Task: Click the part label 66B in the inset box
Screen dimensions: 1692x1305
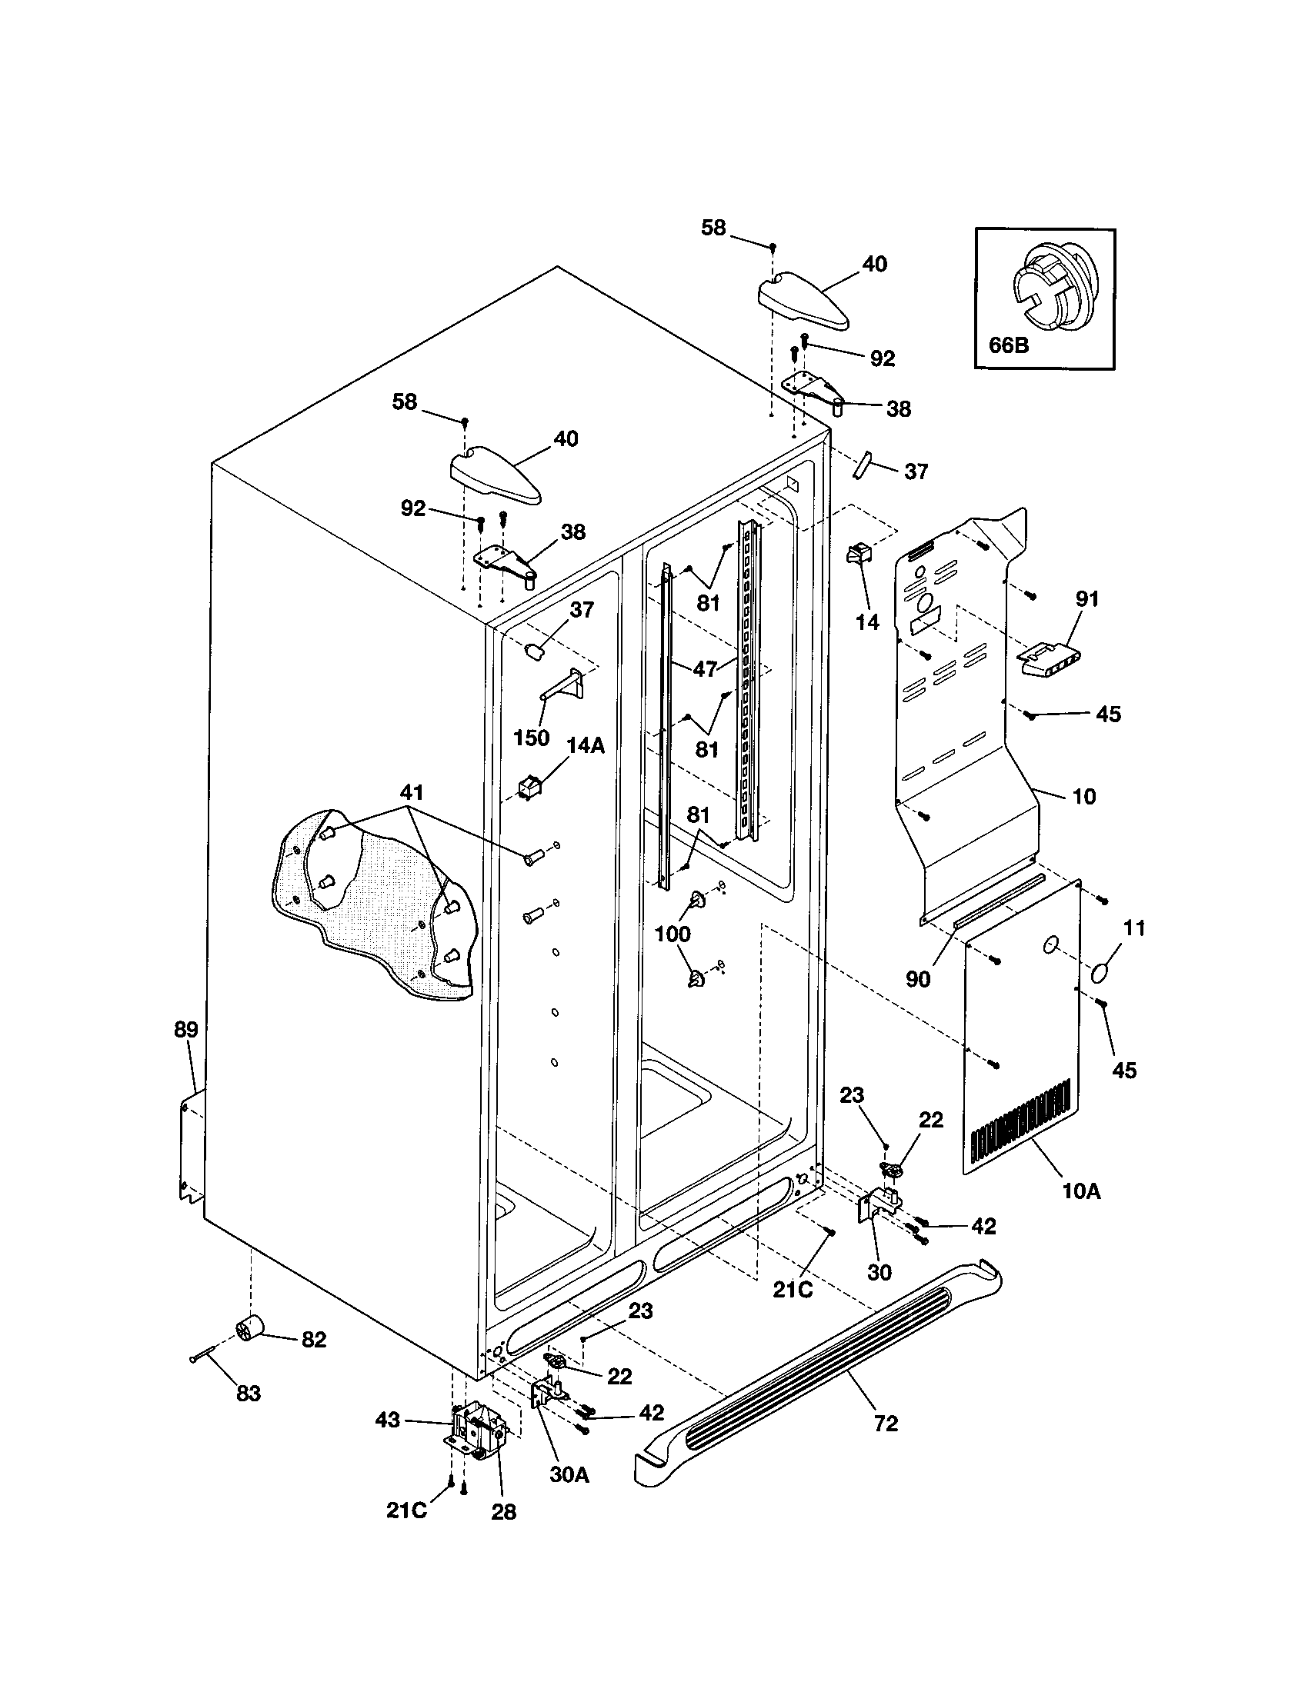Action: coord(1009,345)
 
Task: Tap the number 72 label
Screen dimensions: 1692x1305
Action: coord(885,1423)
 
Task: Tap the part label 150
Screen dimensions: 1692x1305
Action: coord(532,738)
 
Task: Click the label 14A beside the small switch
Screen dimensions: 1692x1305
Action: coord(585,745)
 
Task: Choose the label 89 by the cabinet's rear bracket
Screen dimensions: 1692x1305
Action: coord(186,1030)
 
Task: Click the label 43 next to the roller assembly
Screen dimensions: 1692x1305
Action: coord(388,1419)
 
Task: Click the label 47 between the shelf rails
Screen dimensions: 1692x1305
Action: coord(704,668)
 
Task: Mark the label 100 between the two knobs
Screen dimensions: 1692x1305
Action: coord(673,934)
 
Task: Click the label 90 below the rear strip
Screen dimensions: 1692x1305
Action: coord(917,979)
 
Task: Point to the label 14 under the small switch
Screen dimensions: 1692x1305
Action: coord(867,621)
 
